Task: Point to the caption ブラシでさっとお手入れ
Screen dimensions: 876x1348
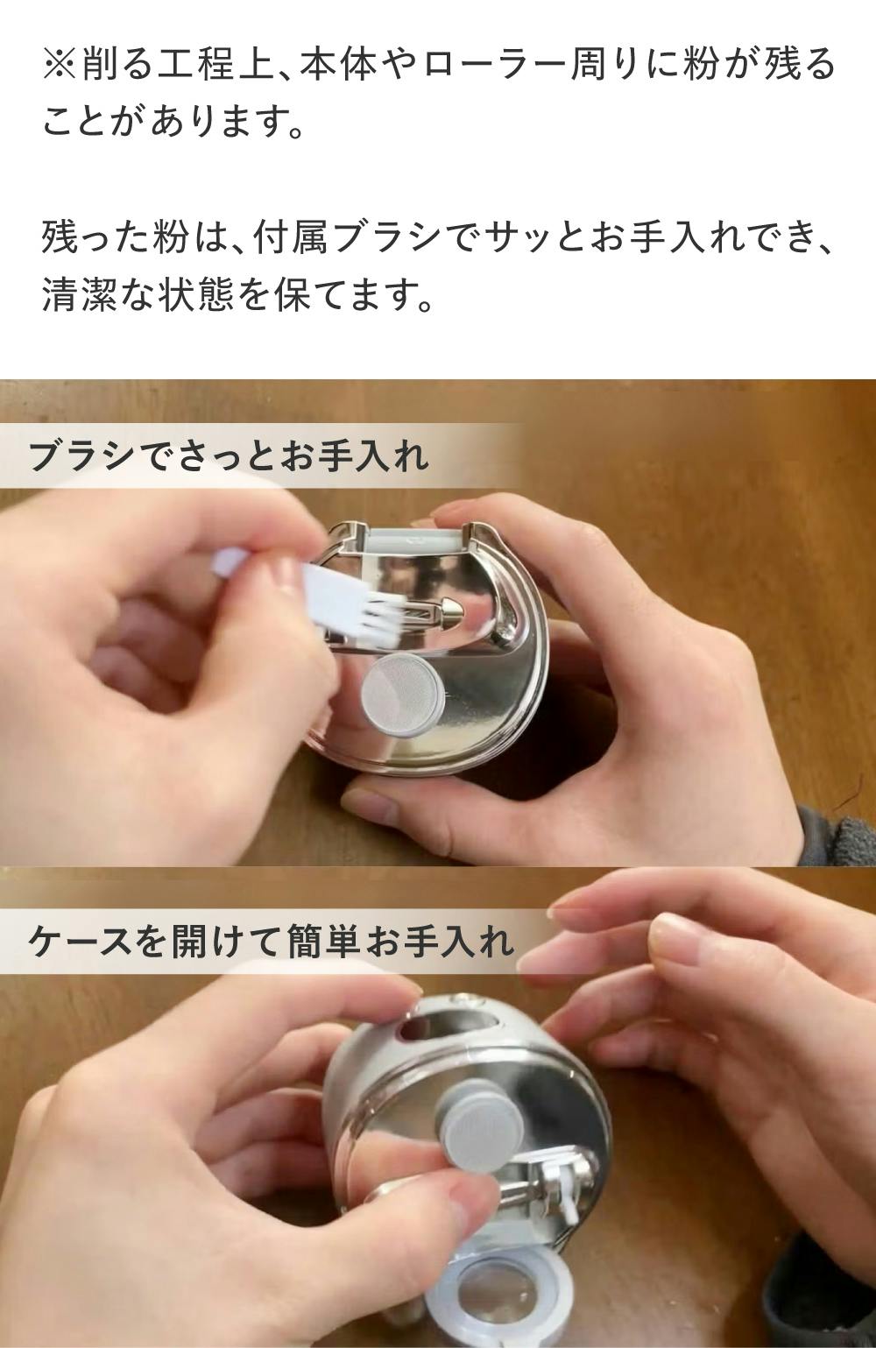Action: (229, 456)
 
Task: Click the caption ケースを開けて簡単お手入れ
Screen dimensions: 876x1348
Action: (271, 941)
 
